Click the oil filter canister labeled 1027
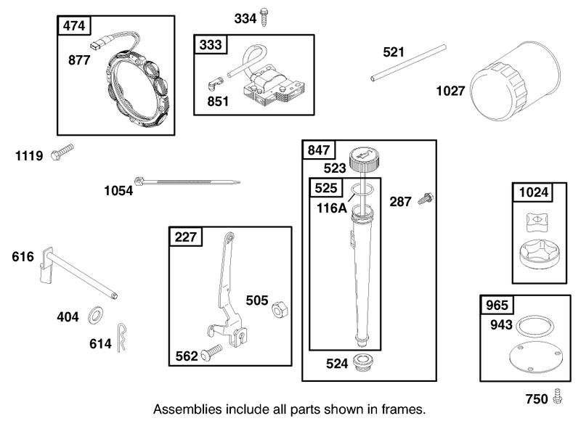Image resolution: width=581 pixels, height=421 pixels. (515, 81)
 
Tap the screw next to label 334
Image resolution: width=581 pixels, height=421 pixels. (264, 17)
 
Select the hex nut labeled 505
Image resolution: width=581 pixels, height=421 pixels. (280, 309)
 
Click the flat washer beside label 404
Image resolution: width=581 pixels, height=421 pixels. (96, 315)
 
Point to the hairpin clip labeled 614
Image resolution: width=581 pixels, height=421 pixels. (121, 338)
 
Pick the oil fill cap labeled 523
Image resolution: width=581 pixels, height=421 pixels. (365, 158)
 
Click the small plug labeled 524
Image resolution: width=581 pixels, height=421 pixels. (362, 362)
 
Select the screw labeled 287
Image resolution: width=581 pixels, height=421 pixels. (426, 198)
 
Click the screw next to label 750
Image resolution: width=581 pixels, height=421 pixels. (557, 396)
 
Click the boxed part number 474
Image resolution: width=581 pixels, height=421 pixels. (74, 26)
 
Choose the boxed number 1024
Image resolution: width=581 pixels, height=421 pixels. (533, 192)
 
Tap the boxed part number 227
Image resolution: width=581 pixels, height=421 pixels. (186, 237)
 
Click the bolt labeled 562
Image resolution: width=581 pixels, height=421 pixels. (211, 353)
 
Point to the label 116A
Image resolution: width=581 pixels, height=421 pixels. (332, 208)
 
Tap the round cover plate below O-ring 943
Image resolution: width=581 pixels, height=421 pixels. (536, 357)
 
